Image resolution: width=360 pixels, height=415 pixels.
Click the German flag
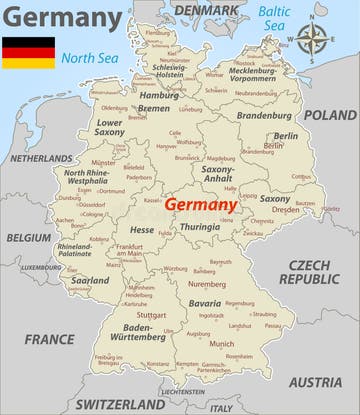(x=28, y=52)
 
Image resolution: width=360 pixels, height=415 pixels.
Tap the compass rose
(x=312, y=41)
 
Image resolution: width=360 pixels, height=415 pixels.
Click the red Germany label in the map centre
(x=201, y=203)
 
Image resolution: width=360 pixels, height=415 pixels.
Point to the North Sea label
(x=89, y=58)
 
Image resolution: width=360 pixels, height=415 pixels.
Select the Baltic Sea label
(x=273, y=17)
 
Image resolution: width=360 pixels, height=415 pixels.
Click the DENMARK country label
(x=207, y=10)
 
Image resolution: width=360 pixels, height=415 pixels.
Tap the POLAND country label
(x=329, y=115)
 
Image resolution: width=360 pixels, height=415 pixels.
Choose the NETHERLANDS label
(x=41, y=158)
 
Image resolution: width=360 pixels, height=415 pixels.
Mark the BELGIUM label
(x=28, y=238)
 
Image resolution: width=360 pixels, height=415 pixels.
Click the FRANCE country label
(x=49, y=339)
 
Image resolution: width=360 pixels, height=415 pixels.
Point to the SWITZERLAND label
(x=120, y=404)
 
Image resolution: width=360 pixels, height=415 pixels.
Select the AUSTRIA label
(x=315, y=382)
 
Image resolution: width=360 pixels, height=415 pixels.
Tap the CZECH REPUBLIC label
(x=309, y=272)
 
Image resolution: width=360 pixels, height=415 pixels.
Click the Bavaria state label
(x=205, y=303)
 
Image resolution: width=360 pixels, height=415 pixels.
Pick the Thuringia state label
(x=200, y=227)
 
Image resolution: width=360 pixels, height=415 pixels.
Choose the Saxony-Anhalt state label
(x=217, y=175)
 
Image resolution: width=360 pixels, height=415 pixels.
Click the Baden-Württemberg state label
(x=144, y=332)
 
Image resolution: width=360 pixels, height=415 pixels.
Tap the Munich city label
(x=221, y=343)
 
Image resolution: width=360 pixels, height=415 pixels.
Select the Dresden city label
(x=285, y=210)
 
